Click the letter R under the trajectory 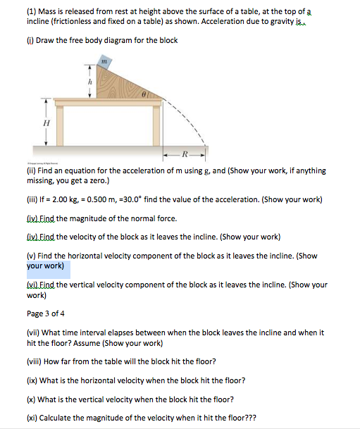click(x=185, y=153)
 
